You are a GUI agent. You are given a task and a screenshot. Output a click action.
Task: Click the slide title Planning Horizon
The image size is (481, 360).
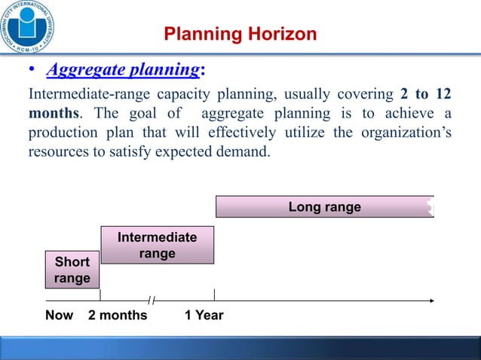(240, 35)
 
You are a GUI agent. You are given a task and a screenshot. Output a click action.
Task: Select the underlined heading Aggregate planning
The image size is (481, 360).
(123, 71)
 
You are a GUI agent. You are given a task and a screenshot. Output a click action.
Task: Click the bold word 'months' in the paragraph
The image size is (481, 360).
(55, 114)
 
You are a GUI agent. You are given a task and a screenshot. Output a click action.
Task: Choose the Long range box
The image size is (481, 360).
(324, 207)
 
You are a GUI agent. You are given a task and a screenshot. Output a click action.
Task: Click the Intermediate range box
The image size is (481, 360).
(157, 245)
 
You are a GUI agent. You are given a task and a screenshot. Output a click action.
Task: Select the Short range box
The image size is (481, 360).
(72, 270)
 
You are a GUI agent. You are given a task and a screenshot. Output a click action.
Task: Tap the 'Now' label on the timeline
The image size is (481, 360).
(59, 315)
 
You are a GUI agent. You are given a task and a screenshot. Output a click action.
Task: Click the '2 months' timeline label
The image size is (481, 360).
(118, 315)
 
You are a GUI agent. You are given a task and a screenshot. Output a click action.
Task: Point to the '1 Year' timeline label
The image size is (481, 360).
(204, 315)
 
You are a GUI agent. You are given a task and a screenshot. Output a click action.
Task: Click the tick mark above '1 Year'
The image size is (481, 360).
(214, 294)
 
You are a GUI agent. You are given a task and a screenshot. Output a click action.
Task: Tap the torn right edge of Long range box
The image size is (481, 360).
(430, 206)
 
